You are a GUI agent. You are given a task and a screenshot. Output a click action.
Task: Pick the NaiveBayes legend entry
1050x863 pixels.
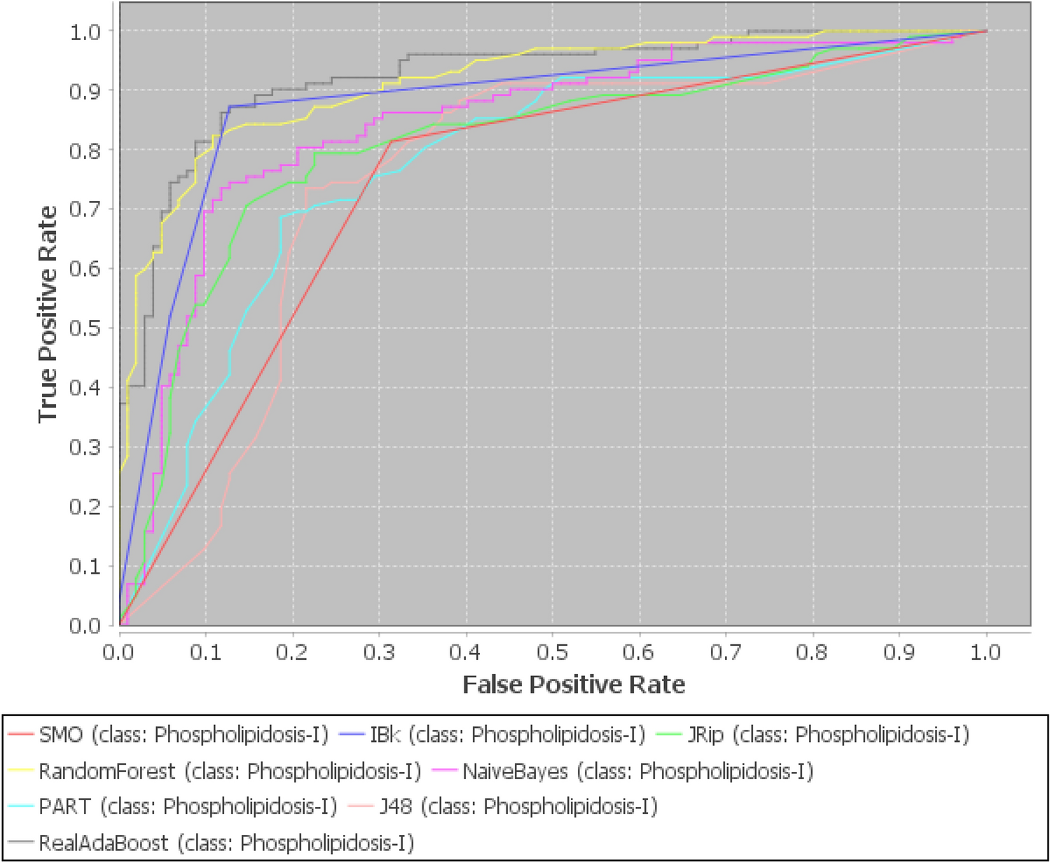coord(637,771)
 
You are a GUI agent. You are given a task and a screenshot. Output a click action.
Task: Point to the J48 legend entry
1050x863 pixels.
coord(518,806)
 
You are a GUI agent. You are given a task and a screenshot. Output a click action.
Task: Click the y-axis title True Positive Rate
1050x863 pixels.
coord(48,314)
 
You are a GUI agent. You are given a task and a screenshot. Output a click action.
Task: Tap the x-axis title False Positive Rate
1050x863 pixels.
coord(574,684)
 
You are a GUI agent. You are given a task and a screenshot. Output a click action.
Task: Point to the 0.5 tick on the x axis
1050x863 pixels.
coord(553,653)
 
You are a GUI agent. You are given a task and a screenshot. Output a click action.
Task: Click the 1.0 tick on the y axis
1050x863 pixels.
coord(86,32)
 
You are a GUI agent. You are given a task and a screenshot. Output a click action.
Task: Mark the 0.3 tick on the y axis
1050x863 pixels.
coord(86,447)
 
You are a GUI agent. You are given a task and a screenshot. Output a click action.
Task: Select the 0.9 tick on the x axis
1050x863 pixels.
coord(899,653)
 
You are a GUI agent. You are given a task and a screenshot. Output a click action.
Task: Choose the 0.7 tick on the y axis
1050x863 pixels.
coord(86,209)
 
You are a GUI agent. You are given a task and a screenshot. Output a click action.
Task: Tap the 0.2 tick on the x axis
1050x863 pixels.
coord(292,653)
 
